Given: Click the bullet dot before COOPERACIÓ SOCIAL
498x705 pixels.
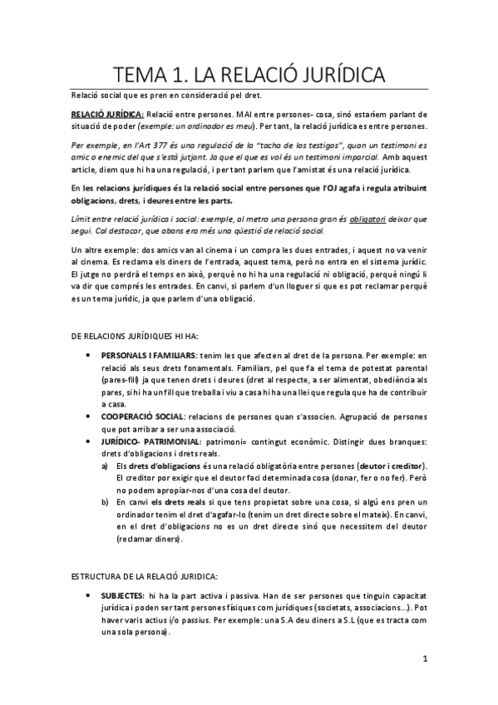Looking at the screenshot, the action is [x=90, y=415].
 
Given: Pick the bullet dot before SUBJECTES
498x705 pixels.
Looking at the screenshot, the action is [x=90, y=596].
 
